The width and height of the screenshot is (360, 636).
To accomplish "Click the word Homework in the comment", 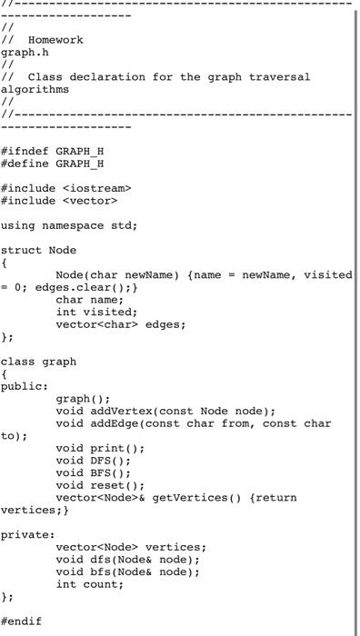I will click(x=55, y=40).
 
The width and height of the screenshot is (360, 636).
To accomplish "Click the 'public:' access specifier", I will click(x=25, y=385).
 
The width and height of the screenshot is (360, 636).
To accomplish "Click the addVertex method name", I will click(x=121, y=411).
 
